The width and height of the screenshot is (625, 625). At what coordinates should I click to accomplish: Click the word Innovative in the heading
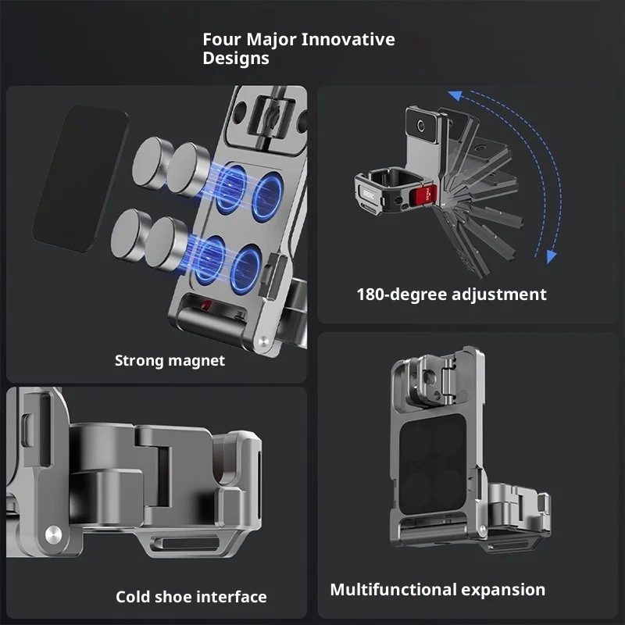(348, 40)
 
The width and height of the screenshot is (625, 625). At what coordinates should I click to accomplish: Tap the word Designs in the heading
(236, 59)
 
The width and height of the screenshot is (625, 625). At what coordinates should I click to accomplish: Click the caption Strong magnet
(170, 361)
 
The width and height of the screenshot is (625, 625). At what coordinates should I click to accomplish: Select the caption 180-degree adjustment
(452, 295)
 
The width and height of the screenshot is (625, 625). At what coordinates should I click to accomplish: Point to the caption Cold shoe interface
(191, 597)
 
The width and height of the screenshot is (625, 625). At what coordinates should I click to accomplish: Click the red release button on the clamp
(426, 195)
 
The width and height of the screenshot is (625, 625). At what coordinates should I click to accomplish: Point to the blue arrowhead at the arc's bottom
(552, 256)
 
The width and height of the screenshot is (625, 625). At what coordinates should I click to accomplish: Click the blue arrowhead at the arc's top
(455, 95)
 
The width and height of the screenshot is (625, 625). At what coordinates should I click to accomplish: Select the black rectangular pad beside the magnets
(81, 179)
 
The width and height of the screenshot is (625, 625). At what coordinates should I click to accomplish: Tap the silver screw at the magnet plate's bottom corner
(263, 341)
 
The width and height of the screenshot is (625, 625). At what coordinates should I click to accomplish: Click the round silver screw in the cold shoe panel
(53, 534)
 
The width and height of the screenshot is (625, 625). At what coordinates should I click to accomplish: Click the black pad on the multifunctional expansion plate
(433, 464)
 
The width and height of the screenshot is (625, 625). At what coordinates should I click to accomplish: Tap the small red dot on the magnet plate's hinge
(205, 305)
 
